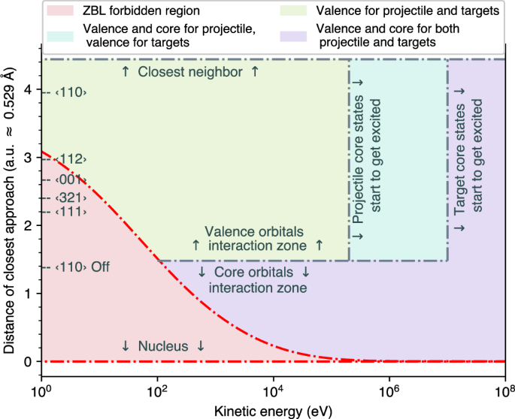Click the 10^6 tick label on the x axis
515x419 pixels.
point(389,391)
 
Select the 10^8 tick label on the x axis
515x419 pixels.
point(504,391)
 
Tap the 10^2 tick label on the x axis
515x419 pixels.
point(157,391)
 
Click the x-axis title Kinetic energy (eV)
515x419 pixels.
point(273,410)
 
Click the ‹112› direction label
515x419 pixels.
point(65,159)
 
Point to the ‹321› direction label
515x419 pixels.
point(65,197)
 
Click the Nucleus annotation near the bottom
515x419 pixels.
point(162,346)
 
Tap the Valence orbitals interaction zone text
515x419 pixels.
point(256,238)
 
